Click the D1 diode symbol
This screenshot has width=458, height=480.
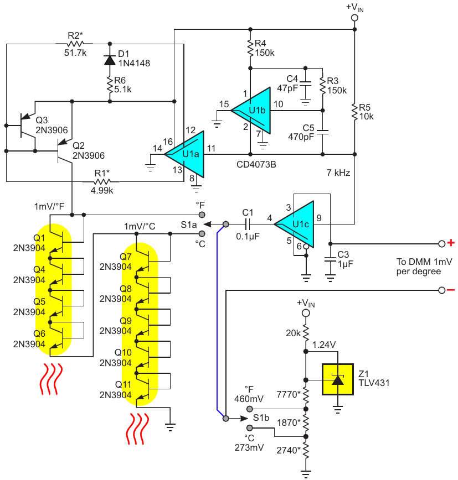(110, 60)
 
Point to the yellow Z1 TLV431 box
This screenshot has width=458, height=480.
(337, 379)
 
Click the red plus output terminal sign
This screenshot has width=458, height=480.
(451, 243)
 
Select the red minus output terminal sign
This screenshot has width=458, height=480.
(451, 290)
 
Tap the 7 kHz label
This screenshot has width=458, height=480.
(338, 173)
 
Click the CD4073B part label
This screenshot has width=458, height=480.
(256, 165)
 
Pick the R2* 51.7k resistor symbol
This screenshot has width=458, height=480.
(75, 44)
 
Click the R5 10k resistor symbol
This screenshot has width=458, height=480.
(354, 112)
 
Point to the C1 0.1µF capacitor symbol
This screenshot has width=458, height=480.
(248, 224)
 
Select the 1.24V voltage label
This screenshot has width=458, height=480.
(324, 345)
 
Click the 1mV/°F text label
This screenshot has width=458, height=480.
(49, 207)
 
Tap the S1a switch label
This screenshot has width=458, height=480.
(188, 225)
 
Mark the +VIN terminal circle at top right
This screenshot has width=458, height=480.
(354, 18)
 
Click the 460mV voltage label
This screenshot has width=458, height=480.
(249, 399)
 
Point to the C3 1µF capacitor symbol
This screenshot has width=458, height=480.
(330, 259)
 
